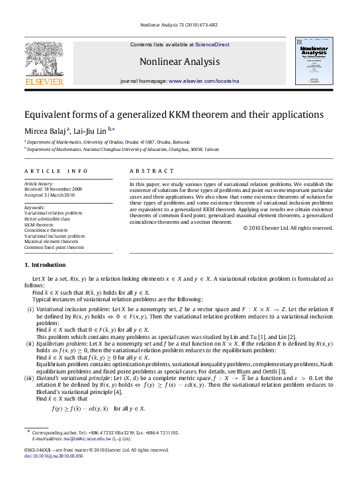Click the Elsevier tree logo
click(x=44, y=59)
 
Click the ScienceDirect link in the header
click(x=212, y=44)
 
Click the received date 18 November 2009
click(x=46, y=189)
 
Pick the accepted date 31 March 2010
click(x=44, y=195)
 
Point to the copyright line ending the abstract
click(x=288, y=228)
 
